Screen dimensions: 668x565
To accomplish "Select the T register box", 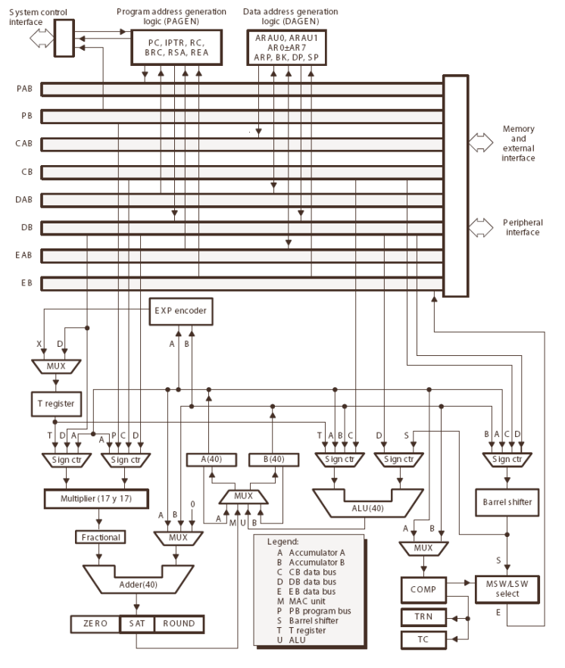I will click(55, 403).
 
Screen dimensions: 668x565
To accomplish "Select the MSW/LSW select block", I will click(507, 587).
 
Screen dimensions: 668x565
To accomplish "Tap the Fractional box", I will click(101, 537).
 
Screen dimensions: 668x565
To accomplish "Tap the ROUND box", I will click(179, 624).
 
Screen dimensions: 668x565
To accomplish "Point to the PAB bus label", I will click(23, 89).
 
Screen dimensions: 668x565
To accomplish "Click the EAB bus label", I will click(23, 256).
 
